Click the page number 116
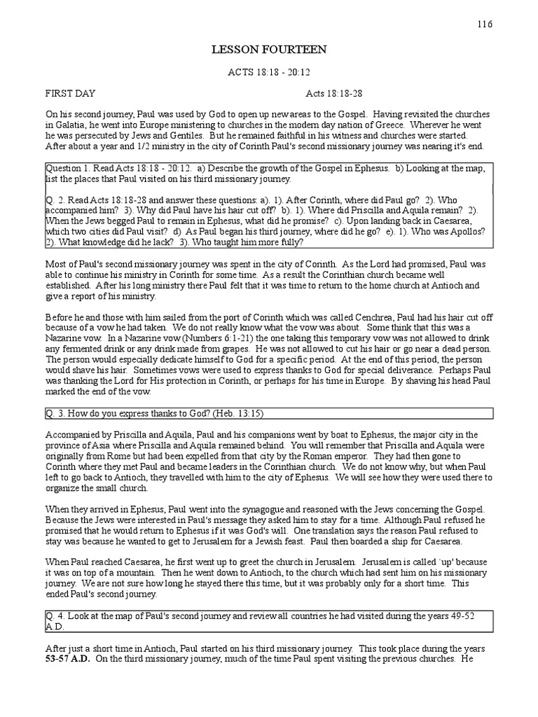click(x=485, y=24)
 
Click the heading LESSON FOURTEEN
click(x=269, y=50)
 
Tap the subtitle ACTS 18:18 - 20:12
click(x=269, y=72)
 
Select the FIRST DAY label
click(x=71, y=93)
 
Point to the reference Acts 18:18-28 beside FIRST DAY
click(x=333, y=93)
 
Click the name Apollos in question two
click(x=475, y=230)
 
